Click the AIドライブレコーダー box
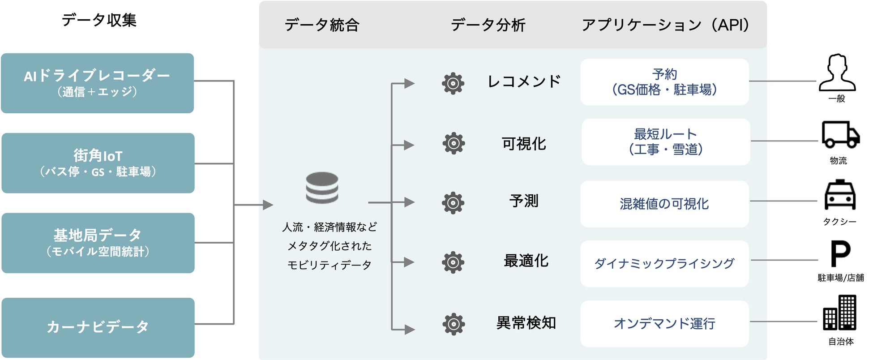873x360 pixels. pyautogui.click(x=97, y=83)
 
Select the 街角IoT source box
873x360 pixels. pyautogui.click(x=98, y=163)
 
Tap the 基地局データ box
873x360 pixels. pyautogui.click(x=98, y=243)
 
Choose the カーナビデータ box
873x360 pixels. pyautogui.click(x=98, y=327)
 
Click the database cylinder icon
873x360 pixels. pyautogui.click(x=322, y=188)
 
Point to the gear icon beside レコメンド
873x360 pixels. pyautogui.click(x=453, y=83)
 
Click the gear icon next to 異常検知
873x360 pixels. pyautogui.click(x=454, y=324)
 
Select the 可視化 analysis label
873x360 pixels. pyautogui.click(x=524, y=144)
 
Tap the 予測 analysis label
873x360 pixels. pyautogui.click(x=524, y=201)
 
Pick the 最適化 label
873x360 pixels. pyautogui.click(x=526, y=261)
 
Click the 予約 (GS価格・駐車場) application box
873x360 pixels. pyautogui.click(x=664, y=82)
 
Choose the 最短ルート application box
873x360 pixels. pyautogui.click(x=665, y=141)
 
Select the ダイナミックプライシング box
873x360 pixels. pyautogui.click(x=664, y=263)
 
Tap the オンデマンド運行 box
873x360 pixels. pyautogui.click(x=664, y=323)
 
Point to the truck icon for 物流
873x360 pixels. pyautogui.click(x=840, y=134)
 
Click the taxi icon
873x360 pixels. pyautogui.click(x=840, y=195)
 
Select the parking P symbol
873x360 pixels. pyautogui.click(x=840, y=253)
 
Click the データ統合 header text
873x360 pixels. pyautogui.click(x=322, y=25)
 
